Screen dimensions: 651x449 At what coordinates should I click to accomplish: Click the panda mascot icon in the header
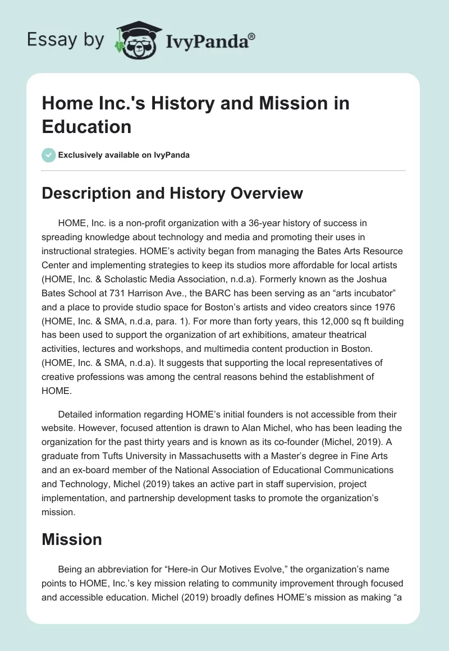136,41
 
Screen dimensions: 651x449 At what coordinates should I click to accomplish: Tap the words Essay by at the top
66,40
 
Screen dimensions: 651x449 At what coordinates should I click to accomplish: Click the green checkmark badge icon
49,155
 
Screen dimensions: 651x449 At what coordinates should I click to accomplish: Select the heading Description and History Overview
172,194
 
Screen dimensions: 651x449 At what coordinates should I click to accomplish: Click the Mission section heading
72,539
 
